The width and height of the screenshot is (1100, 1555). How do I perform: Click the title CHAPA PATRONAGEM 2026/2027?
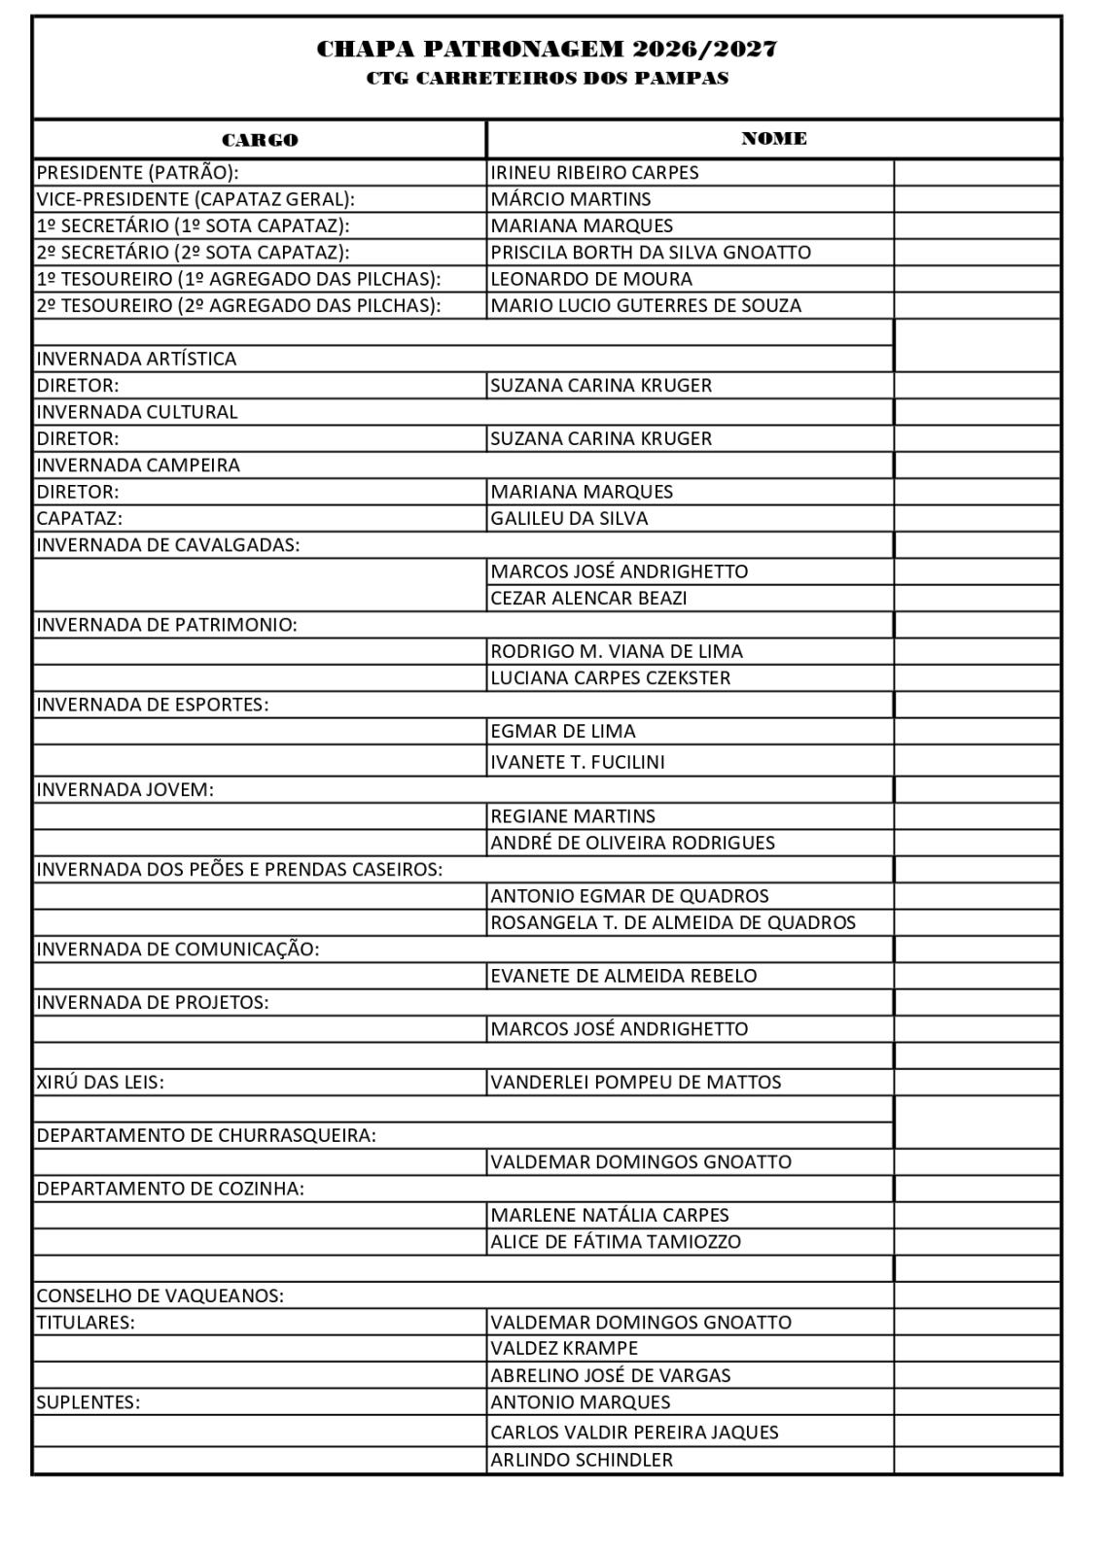(547, 50)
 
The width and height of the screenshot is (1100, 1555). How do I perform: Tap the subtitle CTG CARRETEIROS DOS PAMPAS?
(547, 79)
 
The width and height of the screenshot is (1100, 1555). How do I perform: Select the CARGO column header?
(260, 140)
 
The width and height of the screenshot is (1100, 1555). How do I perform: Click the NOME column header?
(773, 139)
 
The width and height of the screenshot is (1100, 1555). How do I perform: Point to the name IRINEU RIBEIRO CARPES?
(594, 173)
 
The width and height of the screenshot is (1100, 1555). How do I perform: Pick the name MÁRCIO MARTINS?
(571, 199)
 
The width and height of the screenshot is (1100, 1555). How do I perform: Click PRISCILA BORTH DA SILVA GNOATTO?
(650, 253)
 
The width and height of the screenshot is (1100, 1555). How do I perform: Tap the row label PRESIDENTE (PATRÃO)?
(137, 173)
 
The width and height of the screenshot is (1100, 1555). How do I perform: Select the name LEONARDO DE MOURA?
(591, 279)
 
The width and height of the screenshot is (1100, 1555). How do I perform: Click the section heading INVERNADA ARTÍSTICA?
(136, 359)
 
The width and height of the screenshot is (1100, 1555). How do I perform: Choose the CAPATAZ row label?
(80, 518)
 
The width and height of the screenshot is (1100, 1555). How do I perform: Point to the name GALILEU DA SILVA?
(569, 518)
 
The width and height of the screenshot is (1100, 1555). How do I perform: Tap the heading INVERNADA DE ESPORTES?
(153, 705)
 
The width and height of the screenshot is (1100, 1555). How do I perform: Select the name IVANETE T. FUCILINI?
(578, 762)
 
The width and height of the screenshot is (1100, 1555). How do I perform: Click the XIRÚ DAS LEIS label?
(100, 1082)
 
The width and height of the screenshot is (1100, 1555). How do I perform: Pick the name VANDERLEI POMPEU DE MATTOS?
(635, 1082)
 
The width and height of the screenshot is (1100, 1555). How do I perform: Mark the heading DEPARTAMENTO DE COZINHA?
(170, 1189)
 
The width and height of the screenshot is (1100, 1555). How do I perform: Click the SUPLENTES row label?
(88, 1402)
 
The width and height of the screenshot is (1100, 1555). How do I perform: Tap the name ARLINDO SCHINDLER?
(582, 1460)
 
